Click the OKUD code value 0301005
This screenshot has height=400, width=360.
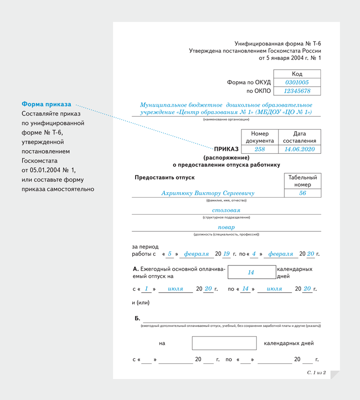pos(297,82)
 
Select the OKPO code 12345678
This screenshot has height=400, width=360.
pos(297,91)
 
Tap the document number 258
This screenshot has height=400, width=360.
pos(260,149)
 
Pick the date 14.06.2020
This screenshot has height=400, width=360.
pos(300,149)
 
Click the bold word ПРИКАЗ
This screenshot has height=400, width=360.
pos(226,149)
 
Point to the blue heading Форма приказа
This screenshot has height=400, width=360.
pos(46,104)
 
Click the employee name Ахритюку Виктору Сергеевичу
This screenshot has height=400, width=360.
pos(208,193)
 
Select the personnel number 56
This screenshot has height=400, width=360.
pos(302,193)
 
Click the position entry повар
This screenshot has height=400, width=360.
pos(226,227)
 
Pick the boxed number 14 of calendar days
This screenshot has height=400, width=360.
pos(251,273)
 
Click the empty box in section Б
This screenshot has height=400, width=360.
pos(224,343)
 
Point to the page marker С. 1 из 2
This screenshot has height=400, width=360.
pos(316,372)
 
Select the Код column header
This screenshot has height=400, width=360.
pos(297,74)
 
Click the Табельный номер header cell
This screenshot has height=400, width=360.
pos(302,181)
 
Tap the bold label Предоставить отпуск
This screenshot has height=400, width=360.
pos(164,178)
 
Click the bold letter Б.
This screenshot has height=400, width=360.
pos(137,318)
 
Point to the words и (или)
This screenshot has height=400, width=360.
pos(141,302)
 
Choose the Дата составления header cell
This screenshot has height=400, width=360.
pos(300,137)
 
